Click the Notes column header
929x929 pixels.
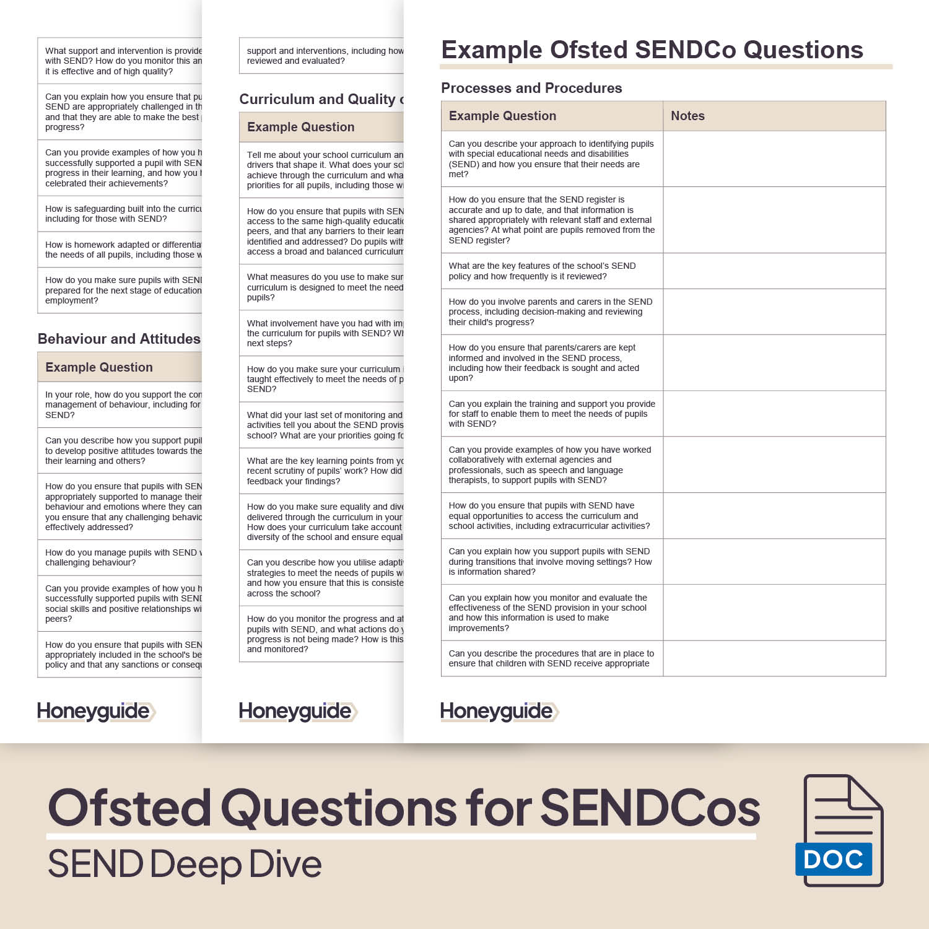point(687,116)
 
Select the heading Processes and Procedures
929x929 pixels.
point(531,88)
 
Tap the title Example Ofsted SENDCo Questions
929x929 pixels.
point(652,50)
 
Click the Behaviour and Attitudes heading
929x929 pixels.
point(119,339)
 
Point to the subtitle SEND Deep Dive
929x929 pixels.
point(185,864)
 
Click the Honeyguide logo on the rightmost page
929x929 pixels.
point(499,712)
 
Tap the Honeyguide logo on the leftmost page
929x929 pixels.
point(95,712)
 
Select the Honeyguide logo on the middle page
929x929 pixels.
point(297,712)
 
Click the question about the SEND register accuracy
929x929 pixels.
point(551,220)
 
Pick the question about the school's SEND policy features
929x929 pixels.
point(542,271)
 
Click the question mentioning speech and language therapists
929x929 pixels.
point(550,464)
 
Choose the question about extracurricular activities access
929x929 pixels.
point(549,516)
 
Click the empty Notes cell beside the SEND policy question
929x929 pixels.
point(774,271)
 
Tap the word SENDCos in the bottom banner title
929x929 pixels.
point(650,808)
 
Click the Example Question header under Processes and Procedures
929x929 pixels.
point(502,116)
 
